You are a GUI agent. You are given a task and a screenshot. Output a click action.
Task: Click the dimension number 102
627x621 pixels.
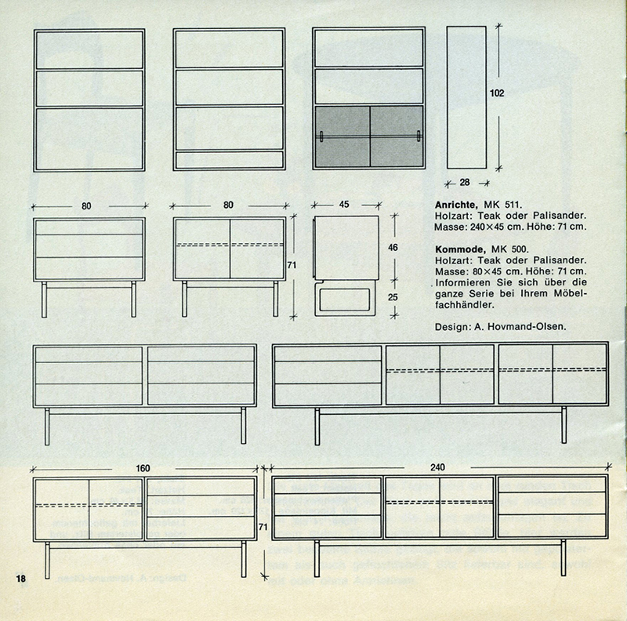coord(496,93)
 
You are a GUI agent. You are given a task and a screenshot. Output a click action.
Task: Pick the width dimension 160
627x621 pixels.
coord(143,469)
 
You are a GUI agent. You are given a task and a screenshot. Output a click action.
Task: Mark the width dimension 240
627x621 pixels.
coord(437,467)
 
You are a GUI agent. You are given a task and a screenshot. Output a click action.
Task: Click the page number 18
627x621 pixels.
coord(21,579)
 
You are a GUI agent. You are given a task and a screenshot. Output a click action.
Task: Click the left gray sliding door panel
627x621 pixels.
coord(342,136)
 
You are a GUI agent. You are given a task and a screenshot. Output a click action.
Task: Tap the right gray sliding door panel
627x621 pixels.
coord(397,136)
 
